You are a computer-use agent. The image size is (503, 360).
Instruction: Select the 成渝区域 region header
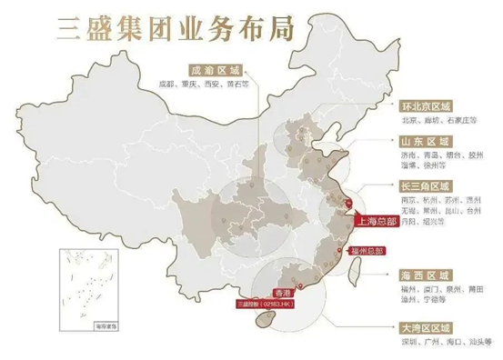tap(216, 70)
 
